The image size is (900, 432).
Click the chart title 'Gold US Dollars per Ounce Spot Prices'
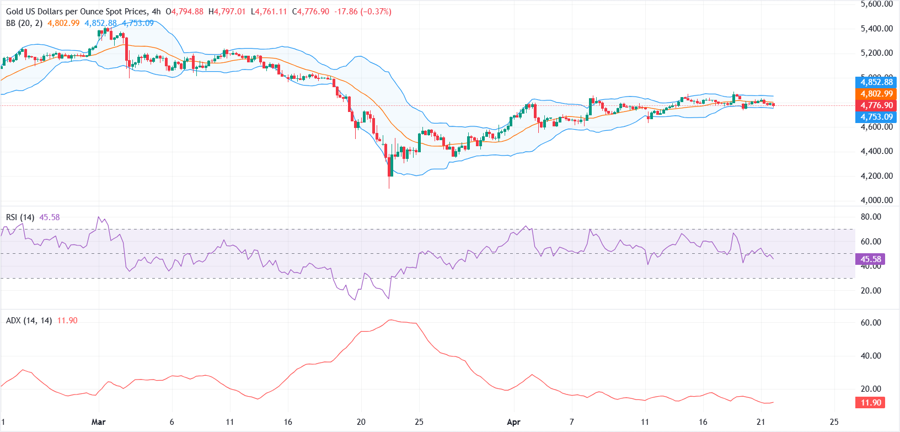[x=77, y=11]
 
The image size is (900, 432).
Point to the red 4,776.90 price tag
[x=876, y=105]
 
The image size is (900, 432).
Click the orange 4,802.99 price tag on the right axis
[x=876, y=94]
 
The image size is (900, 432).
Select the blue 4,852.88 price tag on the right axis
[x=876, y=82]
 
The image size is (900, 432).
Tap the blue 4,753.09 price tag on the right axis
[x=876, y=117]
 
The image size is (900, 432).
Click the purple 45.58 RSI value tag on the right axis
[x=870, y=259]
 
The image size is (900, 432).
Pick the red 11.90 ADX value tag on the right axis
[x=870, y=403]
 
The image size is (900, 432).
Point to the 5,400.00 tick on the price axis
[x=876, y=29]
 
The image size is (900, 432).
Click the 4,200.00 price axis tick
[x=876, y=176]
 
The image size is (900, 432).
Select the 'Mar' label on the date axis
[x=98, y=422]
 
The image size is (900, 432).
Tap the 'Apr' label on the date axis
[x=513, y=422]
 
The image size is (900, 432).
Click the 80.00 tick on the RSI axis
[x=871, y=217]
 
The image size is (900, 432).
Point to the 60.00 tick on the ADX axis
[x=871, y=323]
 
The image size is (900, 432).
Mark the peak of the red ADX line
[x=390, y=320]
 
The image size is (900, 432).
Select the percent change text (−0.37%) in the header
[x=376, y=11]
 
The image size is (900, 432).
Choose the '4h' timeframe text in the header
[x=157, y=11]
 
